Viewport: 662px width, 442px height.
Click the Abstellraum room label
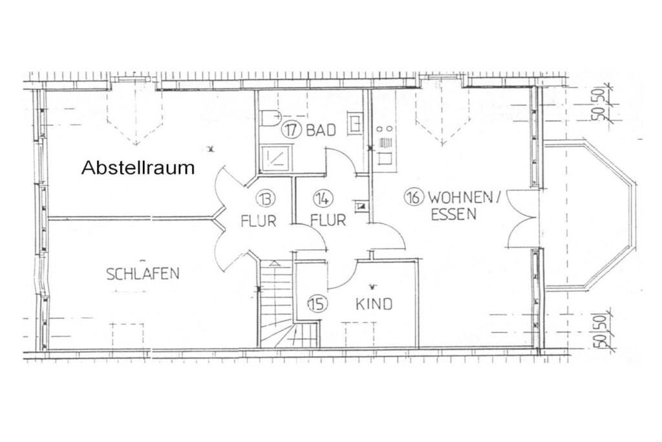138,168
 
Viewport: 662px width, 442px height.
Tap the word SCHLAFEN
143,273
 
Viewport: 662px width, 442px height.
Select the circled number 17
291,129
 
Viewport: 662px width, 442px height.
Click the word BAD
321,130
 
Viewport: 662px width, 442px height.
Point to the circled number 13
266,199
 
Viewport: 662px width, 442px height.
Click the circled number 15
317,304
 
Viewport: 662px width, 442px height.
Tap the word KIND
374,304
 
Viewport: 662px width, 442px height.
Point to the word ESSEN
453,214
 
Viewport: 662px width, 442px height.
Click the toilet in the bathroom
270,118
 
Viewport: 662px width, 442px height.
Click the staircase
288,304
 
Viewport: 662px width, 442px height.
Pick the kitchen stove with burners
387,129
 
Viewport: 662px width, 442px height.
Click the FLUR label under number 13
259,221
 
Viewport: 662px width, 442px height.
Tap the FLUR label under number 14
328,220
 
